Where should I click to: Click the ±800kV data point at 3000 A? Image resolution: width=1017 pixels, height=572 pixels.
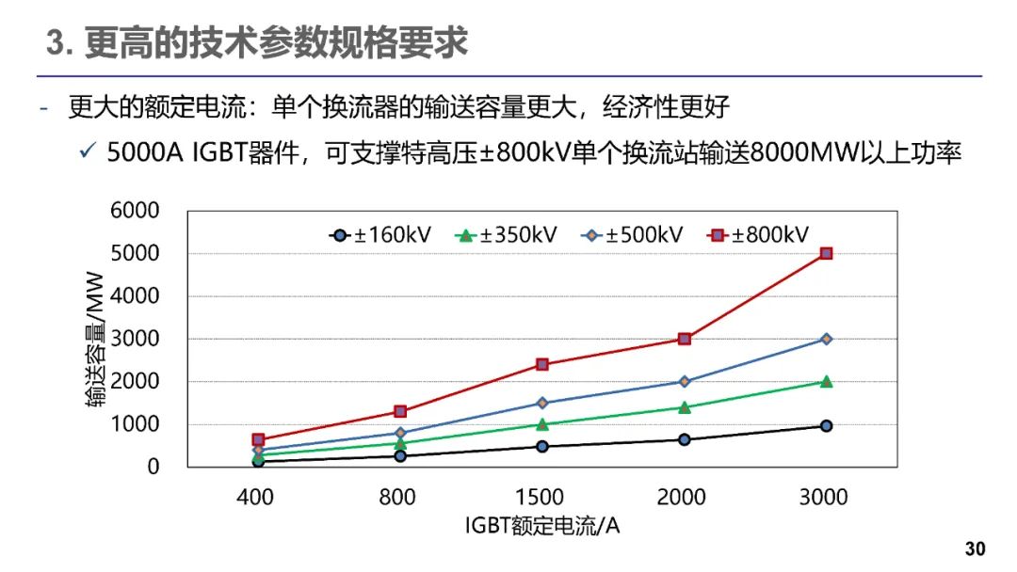[826, 253]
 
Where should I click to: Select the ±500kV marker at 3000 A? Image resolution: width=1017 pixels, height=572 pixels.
[826, 339]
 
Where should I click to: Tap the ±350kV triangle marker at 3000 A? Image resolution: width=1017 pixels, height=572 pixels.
[826, 381]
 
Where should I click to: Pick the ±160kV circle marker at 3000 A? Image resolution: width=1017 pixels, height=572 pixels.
[826, 426]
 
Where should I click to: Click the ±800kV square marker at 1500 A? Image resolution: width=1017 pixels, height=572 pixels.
[542, 364]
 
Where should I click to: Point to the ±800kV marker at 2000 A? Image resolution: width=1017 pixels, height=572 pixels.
[685, 339]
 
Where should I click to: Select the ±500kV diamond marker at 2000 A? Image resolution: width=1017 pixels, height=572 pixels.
[685, 381]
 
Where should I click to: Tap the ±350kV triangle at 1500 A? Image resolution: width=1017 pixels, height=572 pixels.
[542, 424]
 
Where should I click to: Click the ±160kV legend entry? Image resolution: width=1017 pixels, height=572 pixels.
[380, 234]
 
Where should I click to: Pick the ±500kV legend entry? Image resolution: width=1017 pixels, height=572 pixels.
[633, 234]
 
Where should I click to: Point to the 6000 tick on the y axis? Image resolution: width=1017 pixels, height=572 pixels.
[135, 211]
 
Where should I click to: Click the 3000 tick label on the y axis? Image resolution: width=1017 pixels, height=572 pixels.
[135, 339]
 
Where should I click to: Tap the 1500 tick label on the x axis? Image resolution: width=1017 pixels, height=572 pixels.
[541, 497]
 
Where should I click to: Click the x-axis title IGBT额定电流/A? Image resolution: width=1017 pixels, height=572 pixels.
[542, 526]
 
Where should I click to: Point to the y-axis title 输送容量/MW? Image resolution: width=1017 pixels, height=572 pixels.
[95, 340]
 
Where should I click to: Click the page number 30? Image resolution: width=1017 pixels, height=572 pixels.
[975, 549]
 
